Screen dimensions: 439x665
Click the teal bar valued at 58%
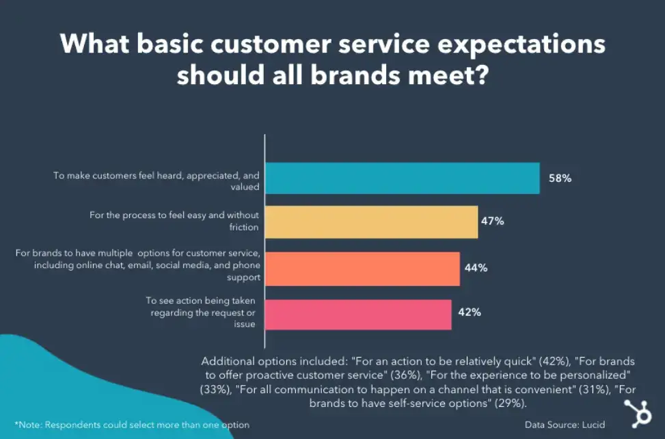pyautogui.click(x=402, y=178)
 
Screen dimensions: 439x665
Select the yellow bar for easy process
pyautogui.click(x=371, y=222)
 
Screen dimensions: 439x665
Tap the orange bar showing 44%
pyautogui.click(x=362, y=268)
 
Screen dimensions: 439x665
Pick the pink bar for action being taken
pyautogui.click(x=357, y=315)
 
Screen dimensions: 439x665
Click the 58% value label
pyautogui.click(x=559, y=178)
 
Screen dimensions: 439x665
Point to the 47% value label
pyautogui.click(x=493, y=222)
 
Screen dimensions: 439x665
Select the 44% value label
pyautogui.click(x=476, y=268)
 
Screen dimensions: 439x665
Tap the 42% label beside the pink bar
pyautogui.click(x=470, y=312)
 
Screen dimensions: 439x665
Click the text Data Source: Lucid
pyautogui.click(x=565, y=425)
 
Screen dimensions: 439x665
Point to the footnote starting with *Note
pyautogui.click(x=132, y=425)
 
